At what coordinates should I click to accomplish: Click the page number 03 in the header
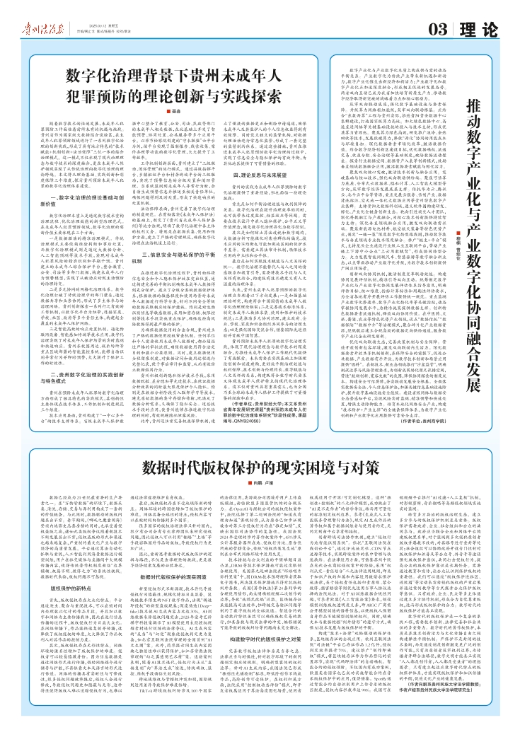click(x=439, y=30)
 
